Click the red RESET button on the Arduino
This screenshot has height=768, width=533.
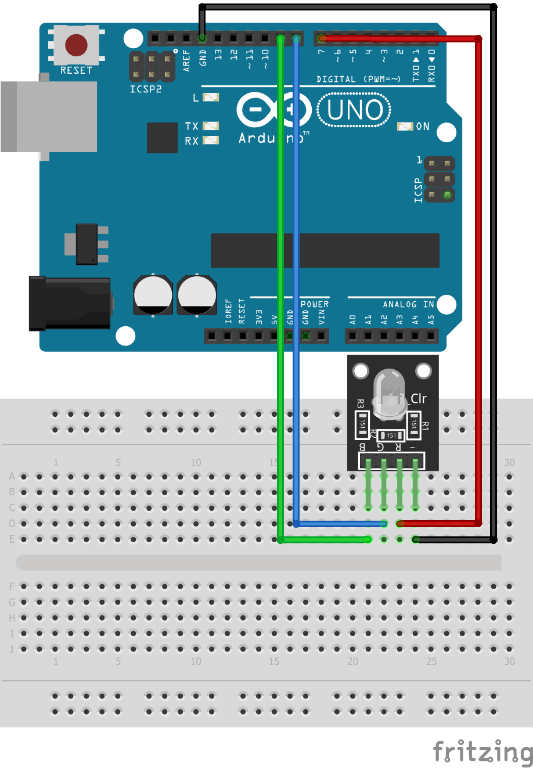(x=76, y=45)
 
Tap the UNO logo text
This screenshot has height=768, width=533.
(x=355, y=110)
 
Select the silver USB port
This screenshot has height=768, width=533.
(x=49, y=117)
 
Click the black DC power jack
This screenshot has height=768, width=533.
(x=70, y=303)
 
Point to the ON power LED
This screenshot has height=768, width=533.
(x=405, y=126)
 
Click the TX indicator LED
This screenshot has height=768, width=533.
(x=211, y=125)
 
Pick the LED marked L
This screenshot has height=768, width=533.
(x=210, y=98)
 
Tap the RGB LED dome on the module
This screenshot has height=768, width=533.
(x=389, y=391)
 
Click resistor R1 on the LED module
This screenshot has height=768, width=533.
(x=414, y=424)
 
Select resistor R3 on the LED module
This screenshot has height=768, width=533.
(x=362, y=424)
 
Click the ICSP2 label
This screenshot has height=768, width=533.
(x=146, y=89)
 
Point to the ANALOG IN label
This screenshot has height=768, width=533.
(x=408, y=304)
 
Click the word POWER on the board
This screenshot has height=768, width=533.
(x=315, y=304)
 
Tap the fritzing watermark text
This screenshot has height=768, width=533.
(x=482, y=752)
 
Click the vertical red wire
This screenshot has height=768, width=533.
(x=478, y=279)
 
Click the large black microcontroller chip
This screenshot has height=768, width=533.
(x=325, y=250)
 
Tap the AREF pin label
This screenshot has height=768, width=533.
(x=186, y=60)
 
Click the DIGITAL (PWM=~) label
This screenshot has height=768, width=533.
(x=358, y=79)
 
